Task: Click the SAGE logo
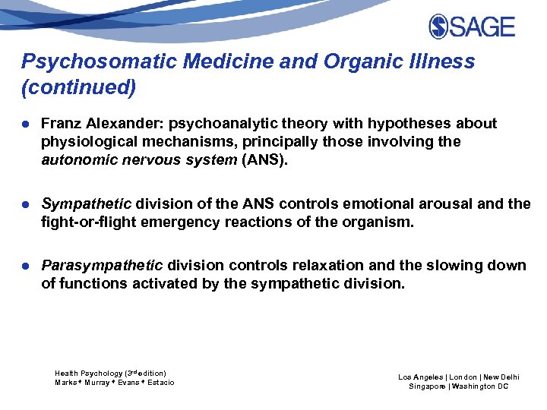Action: coord(472,27)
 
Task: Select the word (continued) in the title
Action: coord(79,88)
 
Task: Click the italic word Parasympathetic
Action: coord(102,266)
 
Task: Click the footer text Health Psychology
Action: coord(88,374)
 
